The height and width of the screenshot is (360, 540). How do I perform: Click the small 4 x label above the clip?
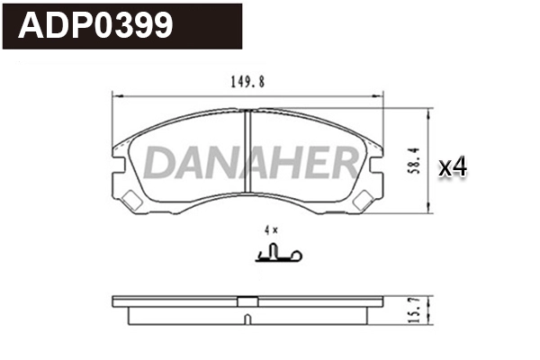tap(271, 230)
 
